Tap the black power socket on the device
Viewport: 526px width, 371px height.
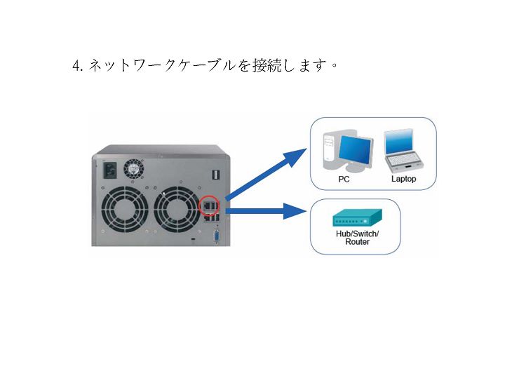coord(110,170)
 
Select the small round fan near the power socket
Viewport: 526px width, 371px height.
coord(133,169)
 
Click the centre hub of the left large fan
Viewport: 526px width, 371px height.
coord(124,210)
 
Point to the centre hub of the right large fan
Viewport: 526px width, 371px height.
coord(176,210)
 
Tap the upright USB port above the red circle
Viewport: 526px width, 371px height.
coord(216,175)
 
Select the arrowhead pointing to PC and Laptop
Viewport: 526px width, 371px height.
coord(294,156)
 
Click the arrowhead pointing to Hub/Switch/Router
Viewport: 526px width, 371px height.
coord(295,211)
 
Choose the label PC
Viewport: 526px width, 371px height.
coord(344,180)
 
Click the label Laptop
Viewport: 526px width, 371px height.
coord(403,179)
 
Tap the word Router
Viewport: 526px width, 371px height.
coord(357,242)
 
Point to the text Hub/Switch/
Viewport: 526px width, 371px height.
coord(357,234)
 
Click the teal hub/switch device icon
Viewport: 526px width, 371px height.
coord(357,218)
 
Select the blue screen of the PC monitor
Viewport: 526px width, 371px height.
coord(355,149)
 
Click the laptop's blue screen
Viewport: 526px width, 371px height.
coord(398,142)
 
